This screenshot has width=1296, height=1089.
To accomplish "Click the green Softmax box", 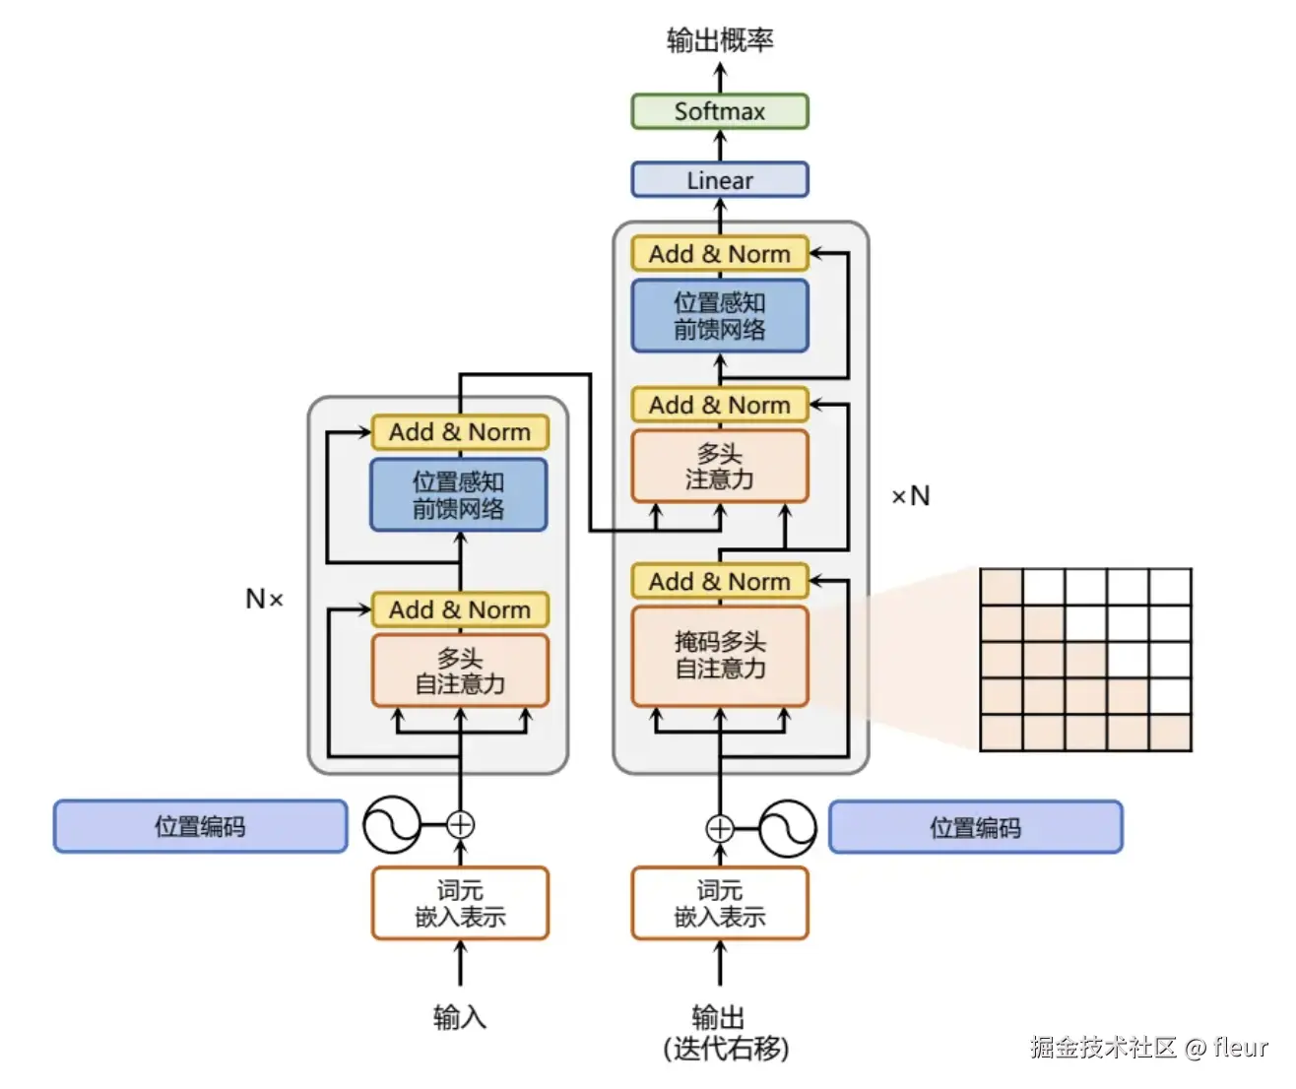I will [x=719, y=111].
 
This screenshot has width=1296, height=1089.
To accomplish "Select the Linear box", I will [x=719, y=180].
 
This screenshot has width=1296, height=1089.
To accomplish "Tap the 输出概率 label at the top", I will [x=719, y=40].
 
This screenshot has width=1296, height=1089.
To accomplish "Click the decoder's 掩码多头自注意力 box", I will [x=719, y=656].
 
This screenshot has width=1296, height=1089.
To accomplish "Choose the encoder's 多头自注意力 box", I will [x=459, y=671].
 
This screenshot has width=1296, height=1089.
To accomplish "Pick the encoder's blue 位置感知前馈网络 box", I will [x=458, y=494].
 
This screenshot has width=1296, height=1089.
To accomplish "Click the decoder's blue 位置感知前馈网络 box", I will [x=719, y=316].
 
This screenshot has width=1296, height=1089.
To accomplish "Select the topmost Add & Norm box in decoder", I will [x=719, y=254].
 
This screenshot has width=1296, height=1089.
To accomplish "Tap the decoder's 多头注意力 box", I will [x=719, y=467].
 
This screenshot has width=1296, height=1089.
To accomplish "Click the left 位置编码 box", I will [x=200, y=826].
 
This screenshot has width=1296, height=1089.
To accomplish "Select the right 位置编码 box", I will [x=975, y=827].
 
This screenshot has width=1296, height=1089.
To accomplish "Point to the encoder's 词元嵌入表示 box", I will [x=459, y=903].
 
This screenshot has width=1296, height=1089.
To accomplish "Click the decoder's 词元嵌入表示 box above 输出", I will [x=719, y=903].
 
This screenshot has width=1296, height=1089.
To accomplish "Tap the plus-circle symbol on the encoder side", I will [x=460, y=825].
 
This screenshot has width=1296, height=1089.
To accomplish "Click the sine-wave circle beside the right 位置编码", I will [x=788, y=828].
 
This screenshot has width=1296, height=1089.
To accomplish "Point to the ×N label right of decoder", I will [x=910, y=496].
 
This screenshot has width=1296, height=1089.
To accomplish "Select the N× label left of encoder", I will [x=264, y=599].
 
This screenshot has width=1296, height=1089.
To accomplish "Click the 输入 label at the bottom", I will [x=459, y=1016].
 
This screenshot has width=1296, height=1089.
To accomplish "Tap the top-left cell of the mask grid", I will [x=1001, y=587].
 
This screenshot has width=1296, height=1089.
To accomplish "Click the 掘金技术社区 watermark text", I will [x=1103, y=1047].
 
